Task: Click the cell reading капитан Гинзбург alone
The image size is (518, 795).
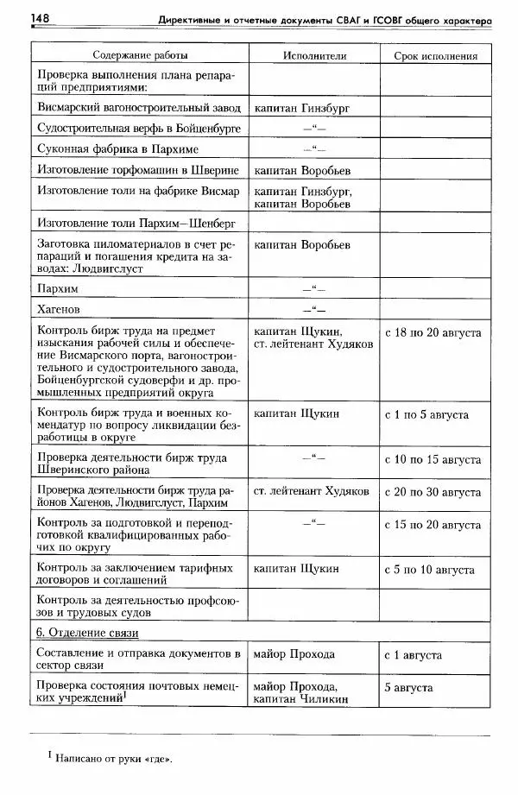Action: click(302, 109)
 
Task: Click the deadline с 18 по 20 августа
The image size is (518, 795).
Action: click(432, 331)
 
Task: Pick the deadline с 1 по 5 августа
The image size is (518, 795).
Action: click(426, 414)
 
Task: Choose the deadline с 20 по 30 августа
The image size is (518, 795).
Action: click(432, 492)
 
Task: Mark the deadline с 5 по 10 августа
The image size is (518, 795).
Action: click(428, 570)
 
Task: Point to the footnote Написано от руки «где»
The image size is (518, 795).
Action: click(112, 760)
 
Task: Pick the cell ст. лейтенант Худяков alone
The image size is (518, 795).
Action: click(312, 492)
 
